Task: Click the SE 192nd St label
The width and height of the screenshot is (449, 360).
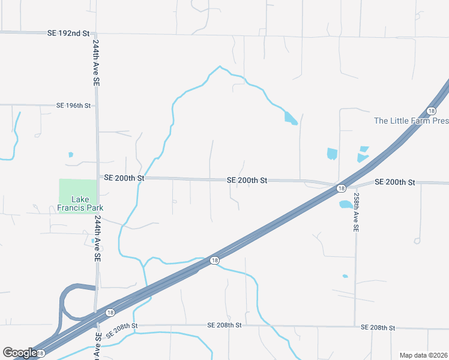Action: point(68,34)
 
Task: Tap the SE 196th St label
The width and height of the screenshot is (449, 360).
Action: point(73,106)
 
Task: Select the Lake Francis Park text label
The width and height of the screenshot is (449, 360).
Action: point(80,203)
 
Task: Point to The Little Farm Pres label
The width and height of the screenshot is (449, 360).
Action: point(411,121)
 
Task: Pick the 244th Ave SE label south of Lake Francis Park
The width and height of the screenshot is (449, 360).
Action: point(96,238)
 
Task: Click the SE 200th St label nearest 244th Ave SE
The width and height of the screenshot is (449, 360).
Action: point(124,178)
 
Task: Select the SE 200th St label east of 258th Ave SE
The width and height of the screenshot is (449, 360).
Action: point(394,182)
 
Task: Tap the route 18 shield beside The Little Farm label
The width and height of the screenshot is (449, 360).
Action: point(431,111)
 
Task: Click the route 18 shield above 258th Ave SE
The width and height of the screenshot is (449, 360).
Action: point(341,188)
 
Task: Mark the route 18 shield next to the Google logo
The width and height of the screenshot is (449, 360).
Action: point(40,354)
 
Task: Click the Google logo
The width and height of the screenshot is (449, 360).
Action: point(19,353)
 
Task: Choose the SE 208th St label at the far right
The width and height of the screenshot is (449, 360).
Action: point(378,328)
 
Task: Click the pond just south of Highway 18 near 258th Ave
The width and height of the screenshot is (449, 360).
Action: point(346,205)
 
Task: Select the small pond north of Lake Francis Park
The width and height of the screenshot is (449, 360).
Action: point(71,155)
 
